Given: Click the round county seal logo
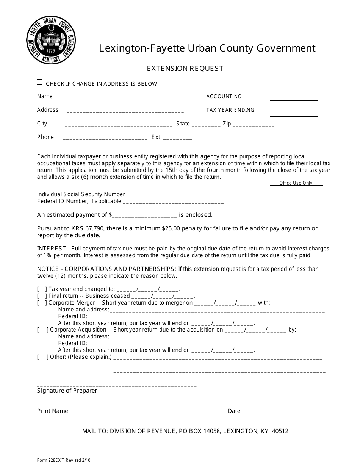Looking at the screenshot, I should coord(51,40).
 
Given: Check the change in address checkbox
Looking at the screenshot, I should coord(40,82).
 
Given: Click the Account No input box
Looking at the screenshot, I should coord(293,95).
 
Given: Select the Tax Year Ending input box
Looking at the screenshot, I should coord(293,111).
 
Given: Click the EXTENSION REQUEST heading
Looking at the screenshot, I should coord(185,69).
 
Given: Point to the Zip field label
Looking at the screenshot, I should coord(227,124).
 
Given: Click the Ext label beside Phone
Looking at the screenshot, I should coord(156,137).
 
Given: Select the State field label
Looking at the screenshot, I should coord(183,124).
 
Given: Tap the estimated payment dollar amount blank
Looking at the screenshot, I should coord(145,215).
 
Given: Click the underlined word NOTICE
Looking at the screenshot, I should coord(48,269).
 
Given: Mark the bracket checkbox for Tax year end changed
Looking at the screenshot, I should coord(42,289).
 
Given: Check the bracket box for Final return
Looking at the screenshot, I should coord(42,296).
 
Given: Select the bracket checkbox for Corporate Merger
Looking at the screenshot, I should coord(42,303).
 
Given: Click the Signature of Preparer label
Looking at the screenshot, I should coord(67,391).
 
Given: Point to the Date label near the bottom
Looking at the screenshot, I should coord(234,411).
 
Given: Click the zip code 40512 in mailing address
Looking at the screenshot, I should coord(280,431).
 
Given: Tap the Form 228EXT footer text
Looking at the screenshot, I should coord(64,461).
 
